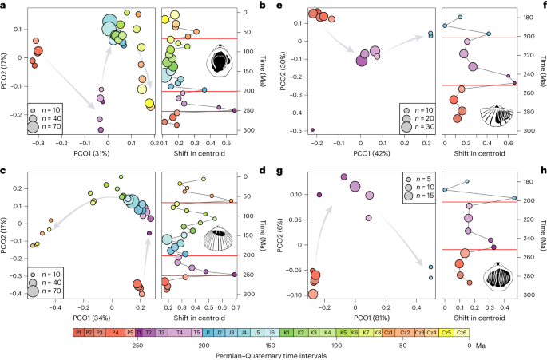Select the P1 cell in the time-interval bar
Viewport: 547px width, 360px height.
tap(79, 330)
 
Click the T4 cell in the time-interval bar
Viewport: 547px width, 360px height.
tap(177, 330)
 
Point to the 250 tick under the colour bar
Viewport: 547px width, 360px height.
tap(137, 345)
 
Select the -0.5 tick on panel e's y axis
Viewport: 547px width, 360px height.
tap(301, 129)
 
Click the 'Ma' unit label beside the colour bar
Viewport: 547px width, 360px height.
tap(486, 345)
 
